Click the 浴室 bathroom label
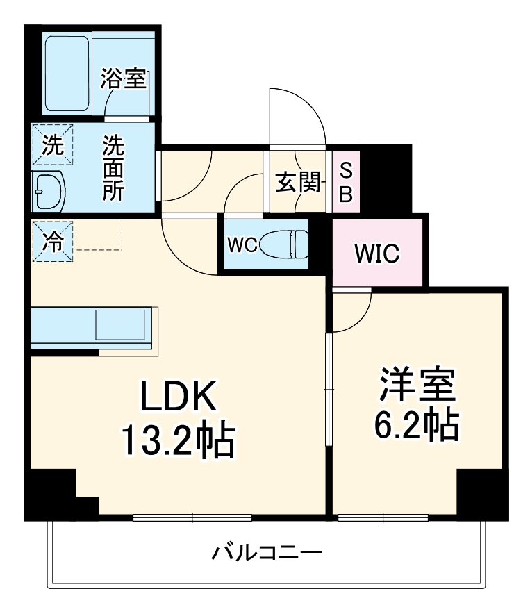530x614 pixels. click(123, 79)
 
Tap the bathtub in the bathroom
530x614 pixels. click(67, 74)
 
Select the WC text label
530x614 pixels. click(242, 244)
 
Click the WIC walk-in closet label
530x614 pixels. click(377, 254)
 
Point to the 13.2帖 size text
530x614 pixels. click(177, 440)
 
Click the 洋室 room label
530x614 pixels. click(417, 383)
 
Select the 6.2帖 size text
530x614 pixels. click(417, 425)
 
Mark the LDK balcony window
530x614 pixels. click(192, 517)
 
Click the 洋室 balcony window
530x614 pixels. click(383, 517)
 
